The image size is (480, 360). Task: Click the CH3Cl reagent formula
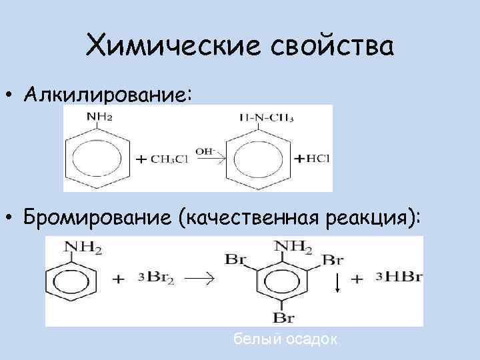click(x=171, y=160)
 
